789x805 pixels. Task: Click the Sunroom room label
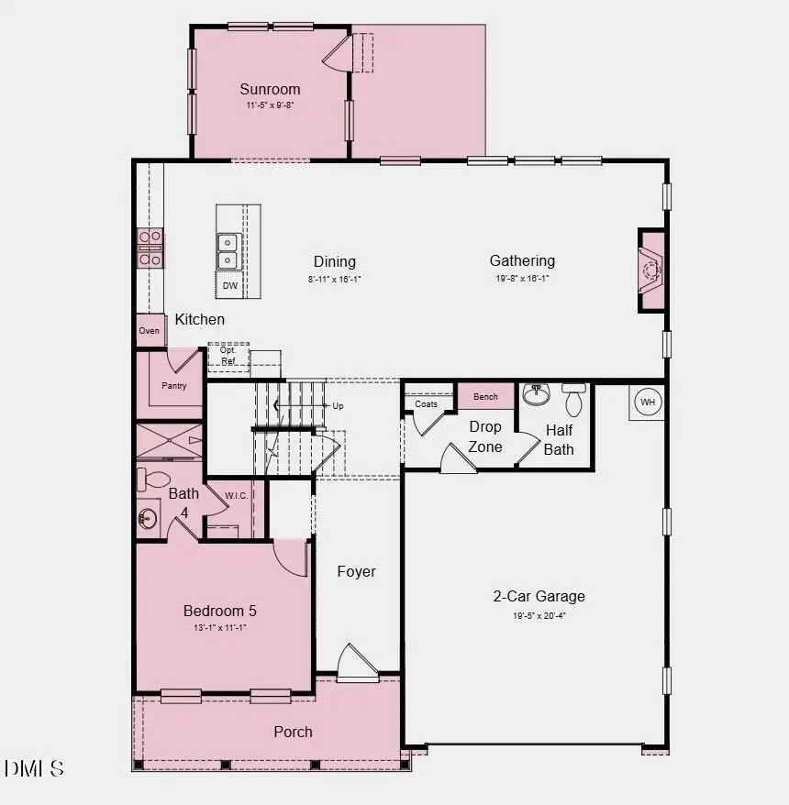tap(270, 89)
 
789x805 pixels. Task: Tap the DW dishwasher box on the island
tap(229, 285)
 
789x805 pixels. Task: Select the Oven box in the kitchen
tap(150, 331)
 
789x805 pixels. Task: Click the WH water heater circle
tap(647, 402)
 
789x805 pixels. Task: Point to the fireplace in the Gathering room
tap(651, 270)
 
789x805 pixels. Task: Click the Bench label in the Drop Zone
tap(486, 396)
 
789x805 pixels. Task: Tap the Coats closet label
tap(427, 403)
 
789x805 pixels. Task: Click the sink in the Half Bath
tap(537, 395)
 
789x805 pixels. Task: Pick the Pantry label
tap(174, 386)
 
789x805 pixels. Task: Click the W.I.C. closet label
tap(236, 496)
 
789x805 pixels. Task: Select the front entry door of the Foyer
tap(357, 664)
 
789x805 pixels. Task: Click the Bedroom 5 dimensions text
tap(220, 628)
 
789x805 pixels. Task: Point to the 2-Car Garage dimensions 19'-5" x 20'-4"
tap(539, 616)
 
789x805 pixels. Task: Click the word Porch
tap(293, 732)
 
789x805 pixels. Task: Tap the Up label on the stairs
tap(338, 406)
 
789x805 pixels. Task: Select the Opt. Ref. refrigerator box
tap(228, 356)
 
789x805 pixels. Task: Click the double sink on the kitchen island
tap(228, 250)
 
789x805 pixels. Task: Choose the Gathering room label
tap(521, 261)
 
